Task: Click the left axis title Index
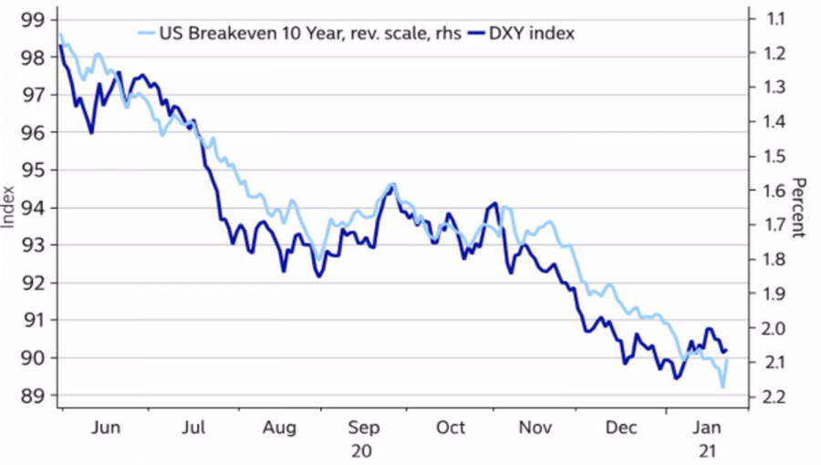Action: [9, 207]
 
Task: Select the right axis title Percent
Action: [799, 207]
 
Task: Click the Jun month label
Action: [107, 428]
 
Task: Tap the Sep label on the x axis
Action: [363, 428]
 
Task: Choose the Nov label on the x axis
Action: [535, 428]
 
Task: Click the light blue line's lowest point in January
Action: [722, 387]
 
